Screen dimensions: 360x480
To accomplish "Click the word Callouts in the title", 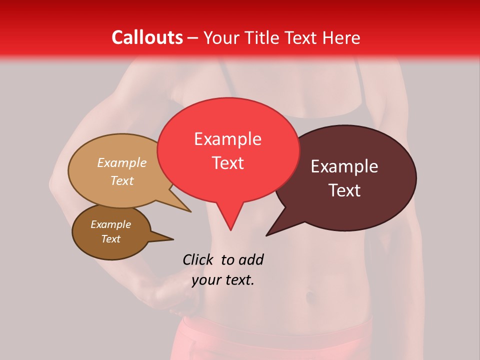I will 147,37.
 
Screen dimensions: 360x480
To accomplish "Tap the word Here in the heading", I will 341,37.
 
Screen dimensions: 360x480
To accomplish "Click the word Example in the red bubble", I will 227,138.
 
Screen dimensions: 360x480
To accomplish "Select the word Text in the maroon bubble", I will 345,190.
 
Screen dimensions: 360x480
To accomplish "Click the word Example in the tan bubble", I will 122,162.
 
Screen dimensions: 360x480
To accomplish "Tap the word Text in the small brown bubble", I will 111,239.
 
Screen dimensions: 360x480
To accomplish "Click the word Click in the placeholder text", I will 198,259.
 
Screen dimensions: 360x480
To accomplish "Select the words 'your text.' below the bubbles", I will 223,280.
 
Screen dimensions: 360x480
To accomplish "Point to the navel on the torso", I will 310,297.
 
